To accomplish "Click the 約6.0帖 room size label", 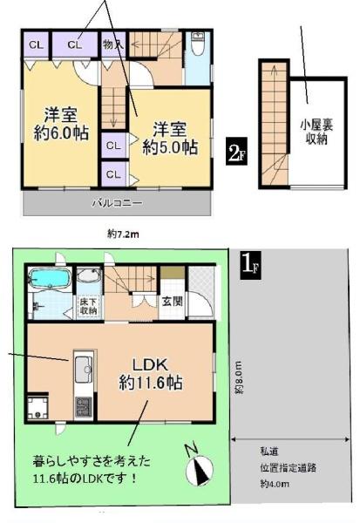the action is [61, 133].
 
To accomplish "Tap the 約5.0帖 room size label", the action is [170, 147].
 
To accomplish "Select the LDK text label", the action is [150, 365].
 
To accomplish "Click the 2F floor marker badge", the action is [236, 151].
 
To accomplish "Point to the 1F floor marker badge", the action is [250, 266].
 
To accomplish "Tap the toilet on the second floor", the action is [198, 44].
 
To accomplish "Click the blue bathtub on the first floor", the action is [50, 278].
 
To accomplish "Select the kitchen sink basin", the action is [84, 370].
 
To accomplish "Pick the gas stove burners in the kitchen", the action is [84, 406].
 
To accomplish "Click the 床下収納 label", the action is [88, 306].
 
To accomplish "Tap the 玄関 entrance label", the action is [173, 302].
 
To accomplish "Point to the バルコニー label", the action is [118, 203].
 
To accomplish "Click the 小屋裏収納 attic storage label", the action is [316, 132].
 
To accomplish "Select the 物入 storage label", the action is [113, 44].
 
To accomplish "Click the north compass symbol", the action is [200, 469].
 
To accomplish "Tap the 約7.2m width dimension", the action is [123, 234].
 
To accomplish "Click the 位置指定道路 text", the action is [289, 467].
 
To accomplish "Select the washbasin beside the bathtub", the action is [89, 275].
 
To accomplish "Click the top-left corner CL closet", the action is [36, 44].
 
